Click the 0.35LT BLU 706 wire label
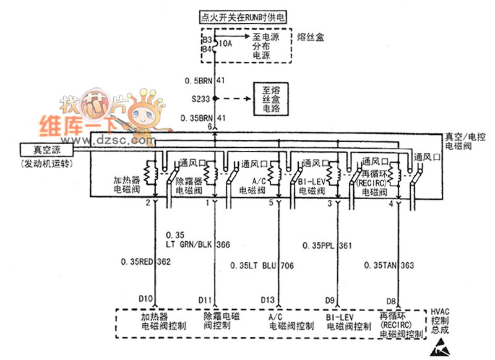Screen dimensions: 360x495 [262, 265]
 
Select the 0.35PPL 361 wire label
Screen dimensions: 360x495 [327, 246]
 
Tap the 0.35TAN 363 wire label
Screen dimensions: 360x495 [389, 265]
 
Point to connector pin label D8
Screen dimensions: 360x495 [391, 301]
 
